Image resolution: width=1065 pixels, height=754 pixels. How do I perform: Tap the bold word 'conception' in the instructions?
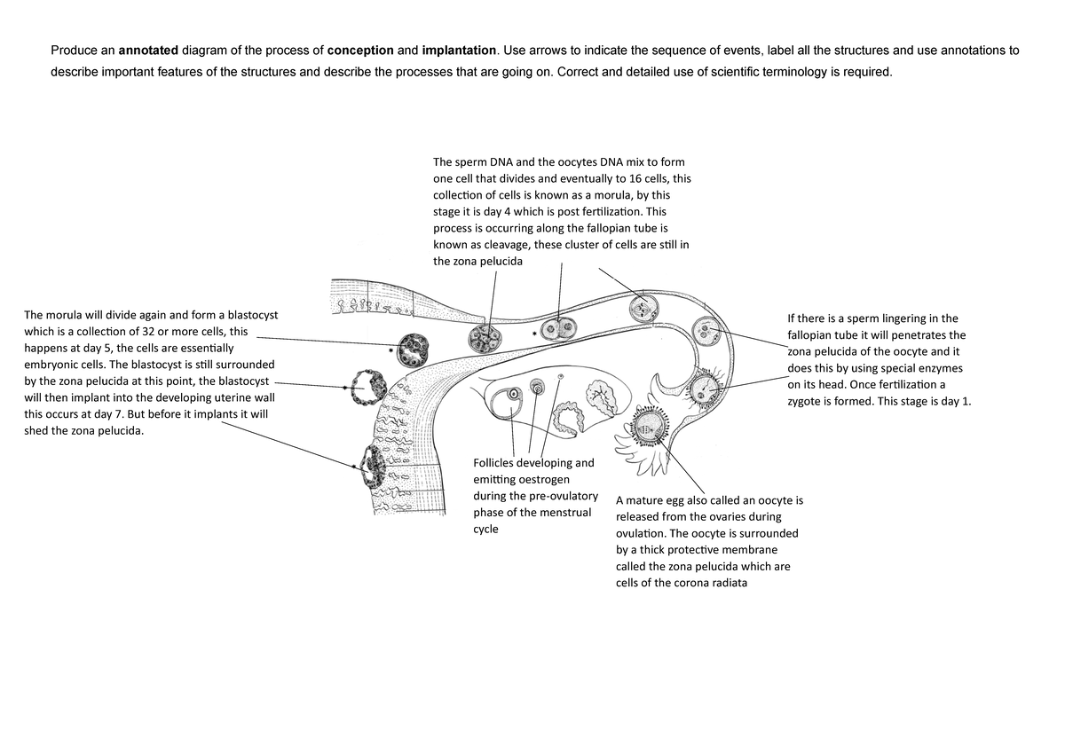[x=360, y=50]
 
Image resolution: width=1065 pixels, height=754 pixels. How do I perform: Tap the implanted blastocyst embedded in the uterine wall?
[x=374, y=467]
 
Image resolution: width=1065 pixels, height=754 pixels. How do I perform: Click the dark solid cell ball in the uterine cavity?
[x=413, y=349]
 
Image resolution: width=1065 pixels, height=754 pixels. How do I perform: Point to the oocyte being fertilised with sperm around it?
[x=708, y=388]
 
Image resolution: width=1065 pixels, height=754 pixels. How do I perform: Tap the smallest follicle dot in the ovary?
[x=560, y=378]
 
